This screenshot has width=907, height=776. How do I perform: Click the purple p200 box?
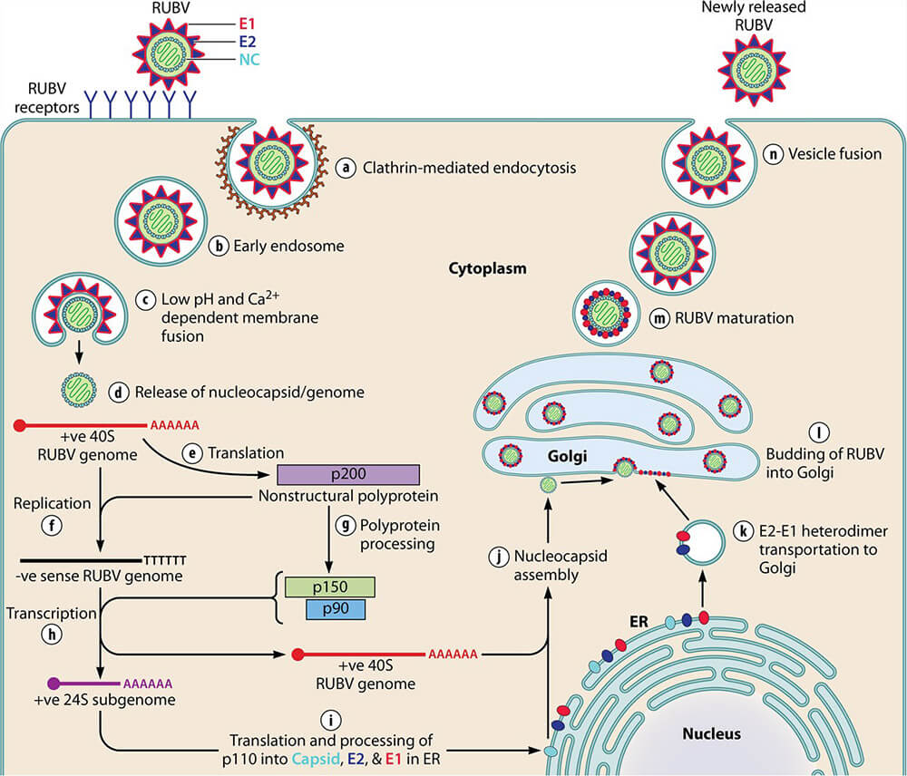tap(348, 475)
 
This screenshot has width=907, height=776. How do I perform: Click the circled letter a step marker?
tap(344, 168)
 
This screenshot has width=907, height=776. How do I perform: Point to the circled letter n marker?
tap(775, 153)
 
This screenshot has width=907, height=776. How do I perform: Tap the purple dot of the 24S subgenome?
tap(54, 683)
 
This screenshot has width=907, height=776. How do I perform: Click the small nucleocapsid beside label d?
tap(80, 393)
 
